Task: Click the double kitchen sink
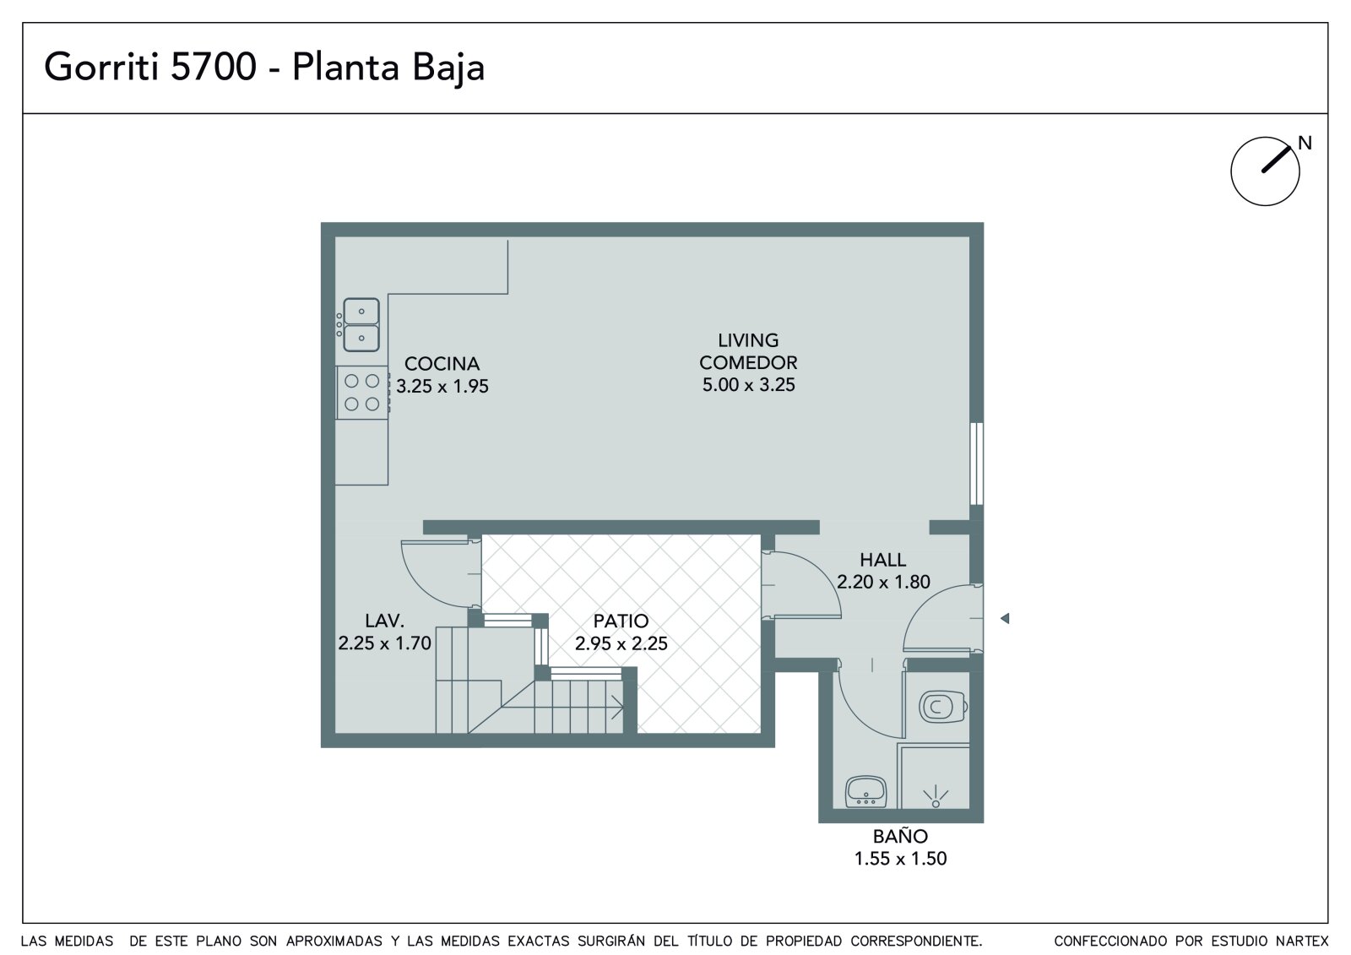(x=361, y=324)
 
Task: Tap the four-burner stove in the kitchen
(x=362, y=392)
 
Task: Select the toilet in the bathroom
(x=943, y=706)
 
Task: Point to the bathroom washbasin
(x=865, y=791)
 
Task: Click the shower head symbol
(x=936, y=796)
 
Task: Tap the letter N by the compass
(x=1305, y=143)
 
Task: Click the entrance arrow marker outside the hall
(x=1004, y=618)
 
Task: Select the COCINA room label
(x=442, y=364)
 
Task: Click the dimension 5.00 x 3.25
(x=748, y=385)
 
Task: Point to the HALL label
(x=882, y=560)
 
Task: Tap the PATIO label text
(x=621, y=621)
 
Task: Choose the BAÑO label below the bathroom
(x=900, y=835)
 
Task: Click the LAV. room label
(x=384, y=621)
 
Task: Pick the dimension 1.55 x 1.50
(x=900, y=859)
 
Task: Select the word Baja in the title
(x=448, y=68)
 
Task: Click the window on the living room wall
(x=976, y=464)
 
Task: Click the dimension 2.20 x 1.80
(x=883, y=582)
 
